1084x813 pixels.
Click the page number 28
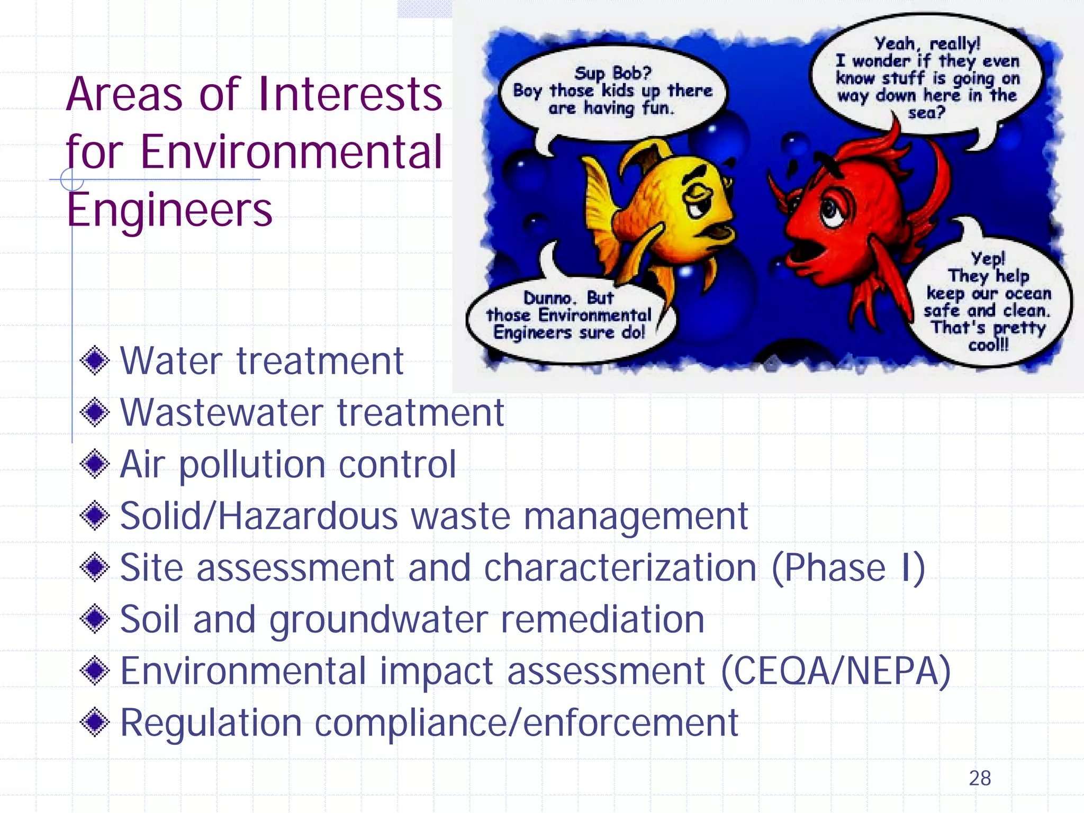tap(979, 778)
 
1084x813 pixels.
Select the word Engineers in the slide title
tap(169, 210)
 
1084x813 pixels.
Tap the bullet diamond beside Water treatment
tap(95, 361)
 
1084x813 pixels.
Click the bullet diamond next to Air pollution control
tap(95, 464)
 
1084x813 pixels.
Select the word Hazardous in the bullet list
tap(308, 516)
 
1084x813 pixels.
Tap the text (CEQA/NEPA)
tap(836, 671)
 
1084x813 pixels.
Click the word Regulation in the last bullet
tap(211, 722)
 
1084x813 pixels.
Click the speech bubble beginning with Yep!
tap(988, 302)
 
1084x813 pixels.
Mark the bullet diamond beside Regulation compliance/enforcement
tap(95, 722)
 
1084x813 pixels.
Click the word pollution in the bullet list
tap(252, 464)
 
